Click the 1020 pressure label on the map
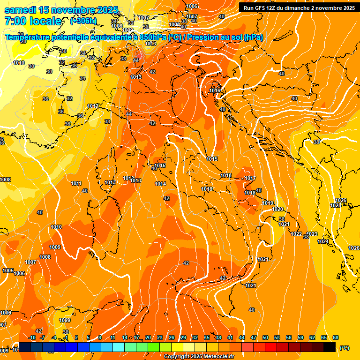(277, 209)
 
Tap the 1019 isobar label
(268, 203)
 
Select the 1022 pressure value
(296, 234)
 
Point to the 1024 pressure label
(323, 241)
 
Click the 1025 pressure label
(336, 205)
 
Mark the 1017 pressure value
(250, 178)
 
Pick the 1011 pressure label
(76, 183)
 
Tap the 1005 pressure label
(8, 270)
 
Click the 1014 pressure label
(160, 184)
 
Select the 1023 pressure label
(312, 234)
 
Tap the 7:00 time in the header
(15, 21)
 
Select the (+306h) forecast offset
(83, 21)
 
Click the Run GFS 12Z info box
(299, 7)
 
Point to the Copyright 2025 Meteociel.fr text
(199, 356)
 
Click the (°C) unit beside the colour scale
(344, 348)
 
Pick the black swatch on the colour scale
(330, 347)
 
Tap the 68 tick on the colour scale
(336, 337)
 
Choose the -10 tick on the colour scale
(32, 337)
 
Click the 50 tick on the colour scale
(265, 337)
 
